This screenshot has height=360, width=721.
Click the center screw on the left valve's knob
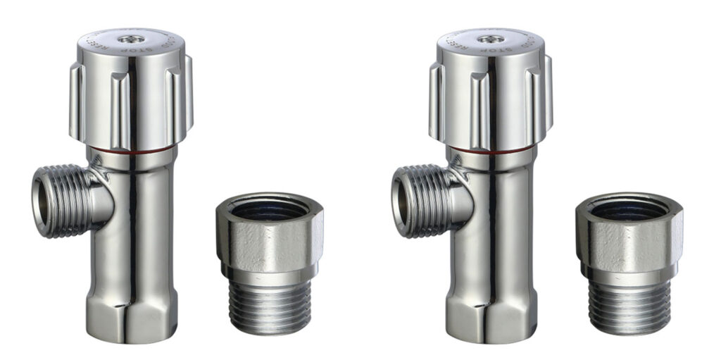point(130,39)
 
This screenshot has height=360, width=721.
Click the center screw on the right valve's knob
point(490,39)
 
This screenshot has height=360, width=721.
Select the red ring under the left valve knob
point(130,149)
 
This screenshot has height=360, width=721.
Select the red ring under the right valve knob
point(490,149)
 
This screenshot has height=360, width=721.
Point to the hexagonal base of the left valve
point(130,310)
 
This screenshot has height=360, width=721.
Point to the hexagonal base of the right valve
point(490,310)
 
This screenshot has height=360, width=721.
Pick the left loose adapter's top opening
point(270,209)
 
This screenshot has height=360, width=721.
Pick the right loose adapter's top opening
point(629,209)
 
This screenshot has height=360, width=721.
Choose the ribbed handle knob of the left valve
point(130,99)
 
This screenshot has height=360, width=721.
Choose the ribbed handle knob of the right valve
point(490,99)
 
